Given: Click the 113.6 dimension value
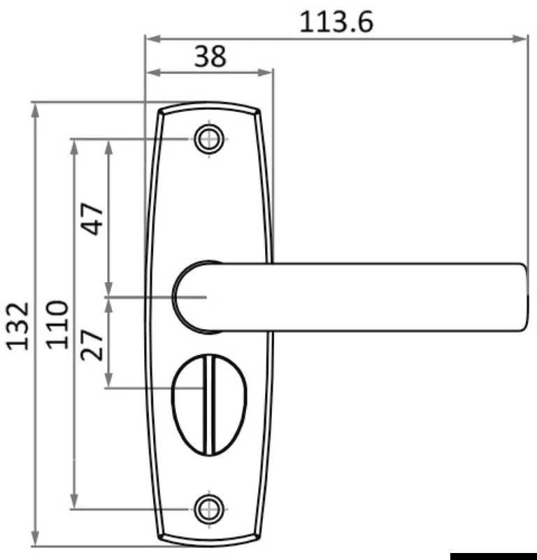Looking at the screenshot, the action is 336,22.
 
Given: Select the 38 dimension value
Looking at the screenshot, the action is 210,57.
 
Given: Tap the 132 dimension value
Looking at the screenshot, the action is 17,326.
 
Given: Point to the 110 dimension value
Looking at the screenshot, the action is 57,325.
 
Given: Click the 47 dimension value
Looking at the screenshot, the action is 92,219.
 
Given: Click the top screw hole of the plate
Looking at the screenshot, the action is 210,139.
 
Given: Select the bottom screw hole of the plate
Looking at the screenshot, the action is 210,510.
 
